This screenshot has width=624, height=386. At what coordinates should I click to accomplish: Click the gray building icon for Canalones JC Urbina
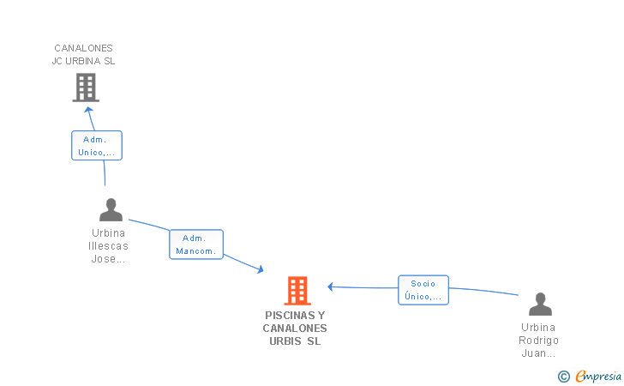[85, 87]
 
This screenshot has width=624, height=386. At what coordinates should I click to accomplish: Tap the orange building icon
[297, 291]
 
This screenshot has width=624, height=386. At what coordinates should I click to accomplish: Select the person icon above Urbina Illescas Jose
[111, 210]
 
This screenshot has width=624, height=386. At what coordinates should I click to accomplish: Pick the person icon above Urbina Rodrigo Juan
[540, 305]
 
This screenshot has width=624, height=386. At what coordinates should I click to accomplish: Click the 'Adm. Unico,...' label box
[96, 146]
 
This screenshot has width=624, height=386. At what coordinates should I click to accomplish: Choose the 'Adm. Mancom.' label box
[196, 244]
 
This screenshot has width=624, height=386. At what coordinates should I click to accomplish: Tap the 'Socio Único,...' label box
[423, 290]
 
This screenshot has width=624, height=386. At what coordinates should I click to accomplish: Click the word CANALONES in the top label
[83, 48]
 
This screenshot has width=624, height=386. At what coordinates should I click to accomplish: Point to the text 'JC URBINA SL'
[83, 61]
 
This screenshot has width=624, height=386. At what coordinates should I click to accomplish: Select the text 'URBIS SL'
[295, 341]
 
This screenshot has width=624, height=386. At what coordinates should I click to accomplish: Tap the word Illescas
[108, 246]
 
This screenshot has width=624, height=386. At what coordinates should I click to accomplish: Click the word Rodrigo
[538, 340]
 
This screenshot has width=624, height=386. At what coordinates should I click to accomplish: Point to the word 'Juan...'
[538, 353]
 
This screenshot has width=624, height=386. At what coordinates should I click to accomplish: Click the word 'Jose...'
[108, 259]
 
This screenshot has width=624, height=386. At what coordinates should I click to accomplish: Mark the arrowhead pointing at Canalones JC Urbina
[87, 109]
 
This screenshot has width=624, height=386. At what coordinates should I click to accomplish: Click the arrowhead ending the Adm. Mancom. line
[259, 270]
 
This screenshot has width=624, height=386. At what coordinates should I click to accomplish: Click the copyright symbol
[563, 376]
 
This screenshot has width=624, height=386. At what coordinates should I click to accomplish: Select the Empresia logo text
[599, 376]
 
